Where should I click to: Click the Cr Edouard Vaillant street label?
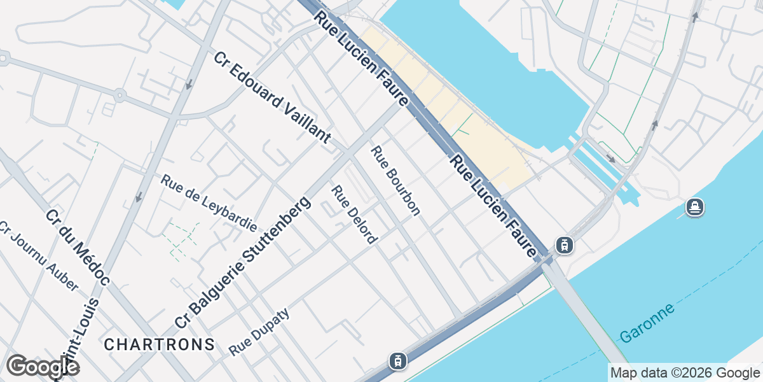coord(273,97)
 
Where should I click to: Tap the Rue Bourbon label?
coord(395,181)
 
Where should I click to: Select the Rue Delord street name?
coord(354,214)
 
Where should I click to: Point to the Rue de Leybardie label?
coord(209,203)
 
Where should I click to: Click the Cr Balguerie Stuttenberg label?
coord(244,262)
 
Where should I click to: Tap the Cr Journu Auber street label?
coord(38,256)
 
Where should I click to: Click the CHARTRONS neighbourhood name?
coord(159,344)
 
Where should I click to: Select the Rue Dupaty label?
coord(259,332)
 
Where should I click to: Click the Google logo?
coord(43,367)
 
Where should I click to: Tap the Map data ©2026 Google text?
coord(685,372)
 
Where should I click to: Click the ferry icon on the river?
coord(694,207)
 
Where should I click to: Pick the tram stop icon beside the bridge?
coord(563,244)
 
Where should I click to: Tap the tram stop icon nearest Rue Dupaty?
coord(398,361)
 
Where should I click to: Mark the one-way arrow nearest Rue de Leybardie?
coord(138,197)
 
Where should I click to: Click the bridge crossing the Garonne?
coord(585,318)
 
